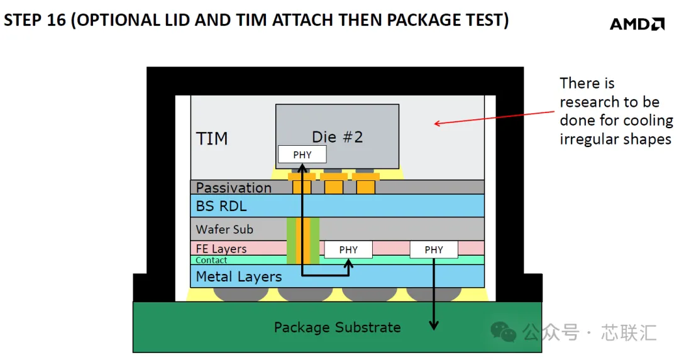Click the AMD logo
(x=637, y=24)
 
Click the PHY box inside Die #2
(x=302, y=155)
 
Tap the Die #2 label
(x=338, y=137)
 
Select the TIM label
(x=212, y=138)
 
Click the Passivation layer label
(x=233, y=187)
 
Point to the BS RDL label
(x=221, y=206)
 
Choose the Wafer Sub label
(x=224, y=229)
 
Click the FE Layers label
(x=221, y=248)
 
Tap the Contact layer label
(x=211, y=260)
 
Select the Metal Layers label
(x=239, y=276)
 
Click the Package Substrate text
(x=338, y=327)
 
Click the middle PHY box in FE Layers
(x=348, y=249)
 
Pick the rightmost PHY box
(x=434, y=249)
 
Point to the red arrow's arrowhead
(x=438, y=124)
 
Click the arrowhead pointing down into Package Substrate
(x=434, y=325)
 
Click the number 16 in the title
(x=57, y=20)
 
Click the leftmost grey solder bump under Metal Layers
(x=241, y=294)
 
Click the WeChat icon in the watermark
(x=503, y=332)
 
